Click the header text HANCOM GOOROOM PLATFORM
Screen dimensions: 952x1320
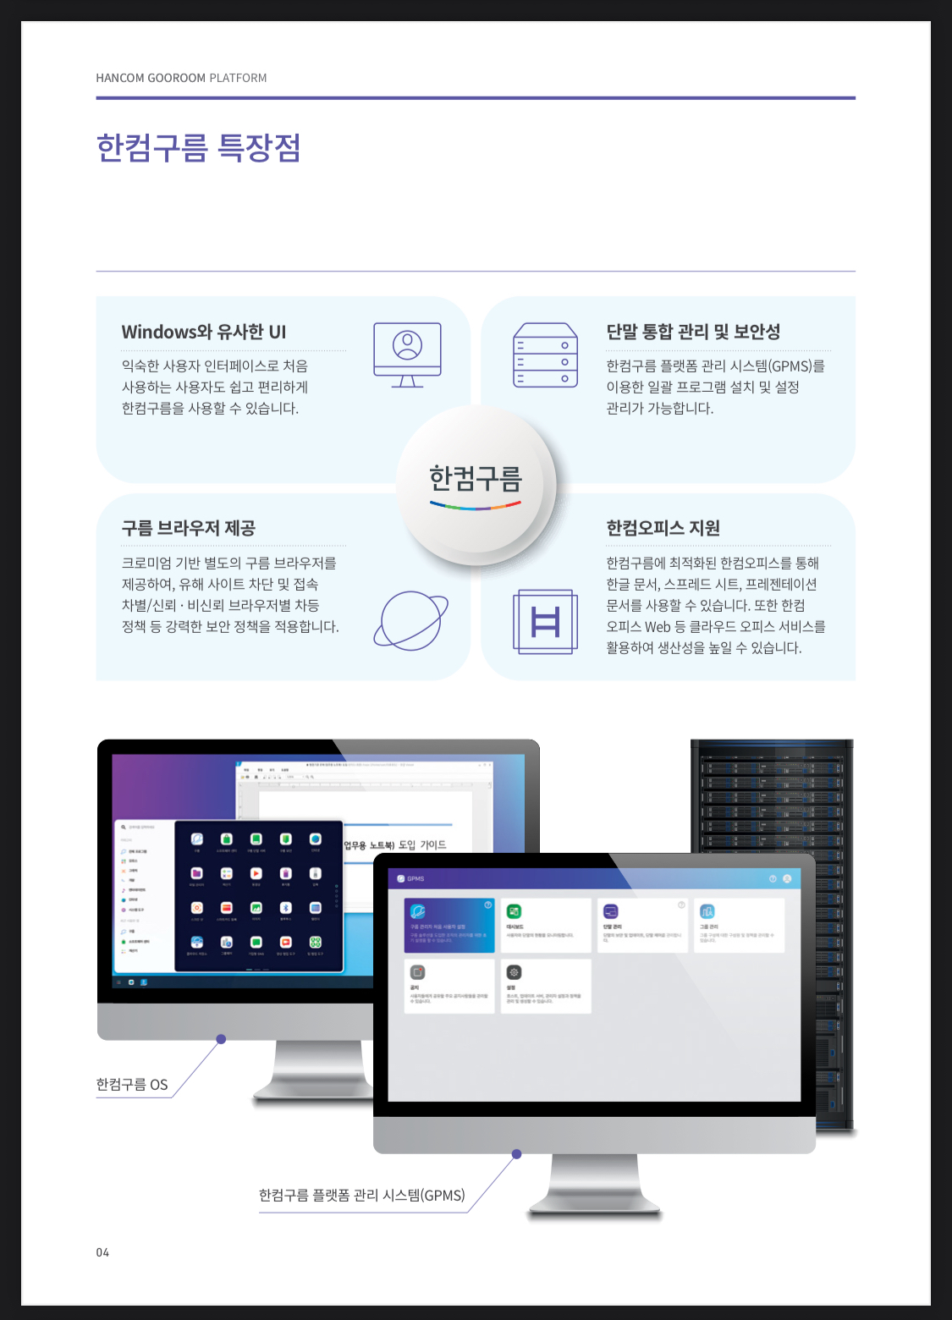181,78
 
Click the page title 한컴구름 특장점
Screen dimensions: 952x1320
198,147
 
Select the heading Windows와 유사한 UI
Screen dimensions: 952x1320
204,332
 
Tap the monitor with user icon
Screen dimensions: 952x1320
407,354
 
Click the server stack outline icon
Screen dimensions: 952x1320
545,355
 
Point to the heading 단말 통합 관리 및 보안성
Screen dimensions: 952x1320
693,332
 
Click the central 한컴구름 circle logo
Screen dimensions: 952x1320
476,484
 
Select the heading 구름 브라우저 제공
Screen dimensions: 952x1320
189,528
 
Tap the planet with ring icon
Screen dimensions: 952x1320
410,620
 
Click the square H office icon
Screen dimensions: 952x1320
545,622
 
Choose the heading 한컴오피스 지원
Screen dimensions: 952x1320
663,528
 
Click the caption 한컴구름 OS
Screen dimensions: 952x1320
132,1085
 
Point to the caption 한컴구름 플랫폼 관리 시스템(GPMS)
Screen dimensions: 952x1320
361,1195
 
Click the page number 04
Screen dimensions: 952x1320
102,1252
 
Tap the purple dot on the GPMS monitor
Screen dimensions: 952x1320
516,1154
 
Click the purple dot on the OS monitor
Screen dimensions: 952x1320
221,1039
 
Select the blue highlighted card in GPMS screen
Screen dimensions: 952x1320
449,926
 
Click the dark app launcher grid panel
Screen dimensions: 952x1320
258,895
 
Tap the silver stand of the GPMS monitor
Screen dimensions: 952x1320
594,1185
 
